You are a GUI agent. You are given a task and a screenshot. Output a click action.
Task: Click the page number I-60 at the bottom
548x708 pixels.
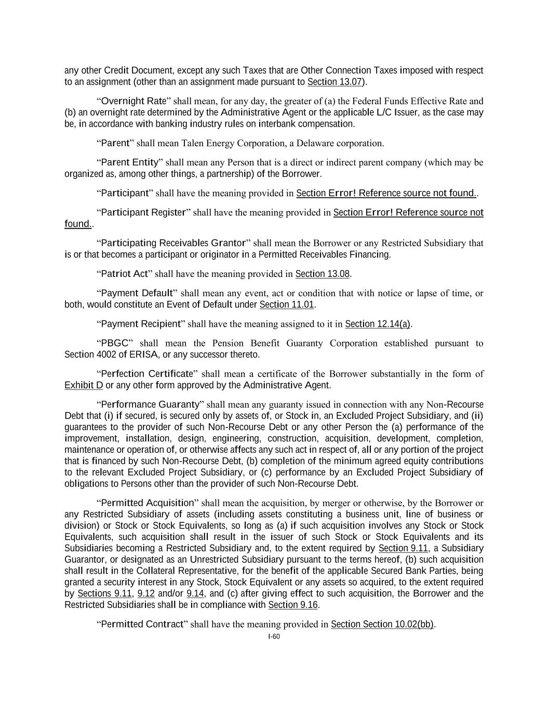[274, 636]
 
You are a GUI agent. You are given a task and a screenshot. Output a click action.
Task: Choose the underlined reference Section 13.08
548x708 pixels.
[322, 274]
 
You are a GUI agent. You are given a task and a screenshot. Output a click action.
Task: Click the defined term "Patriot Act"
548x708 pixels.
[125, 274]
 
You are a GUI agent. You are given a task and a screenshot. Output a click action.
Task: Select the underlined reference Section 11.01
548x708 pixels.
[287, 304]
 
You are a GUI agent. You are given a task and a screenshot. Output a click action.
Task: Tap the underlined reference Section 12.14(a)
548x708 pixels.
[378, 324]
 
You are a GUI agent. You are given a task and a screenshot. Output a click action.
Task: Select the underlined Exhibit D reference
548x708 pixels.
[84, 385]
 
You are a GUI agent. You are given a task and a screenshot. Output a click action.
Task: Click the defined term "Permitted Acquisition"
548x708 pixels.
[148, 503]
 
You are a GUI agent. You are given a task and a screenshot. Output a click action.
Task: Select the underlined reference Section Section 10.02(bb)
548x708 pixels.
[382, 624]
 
